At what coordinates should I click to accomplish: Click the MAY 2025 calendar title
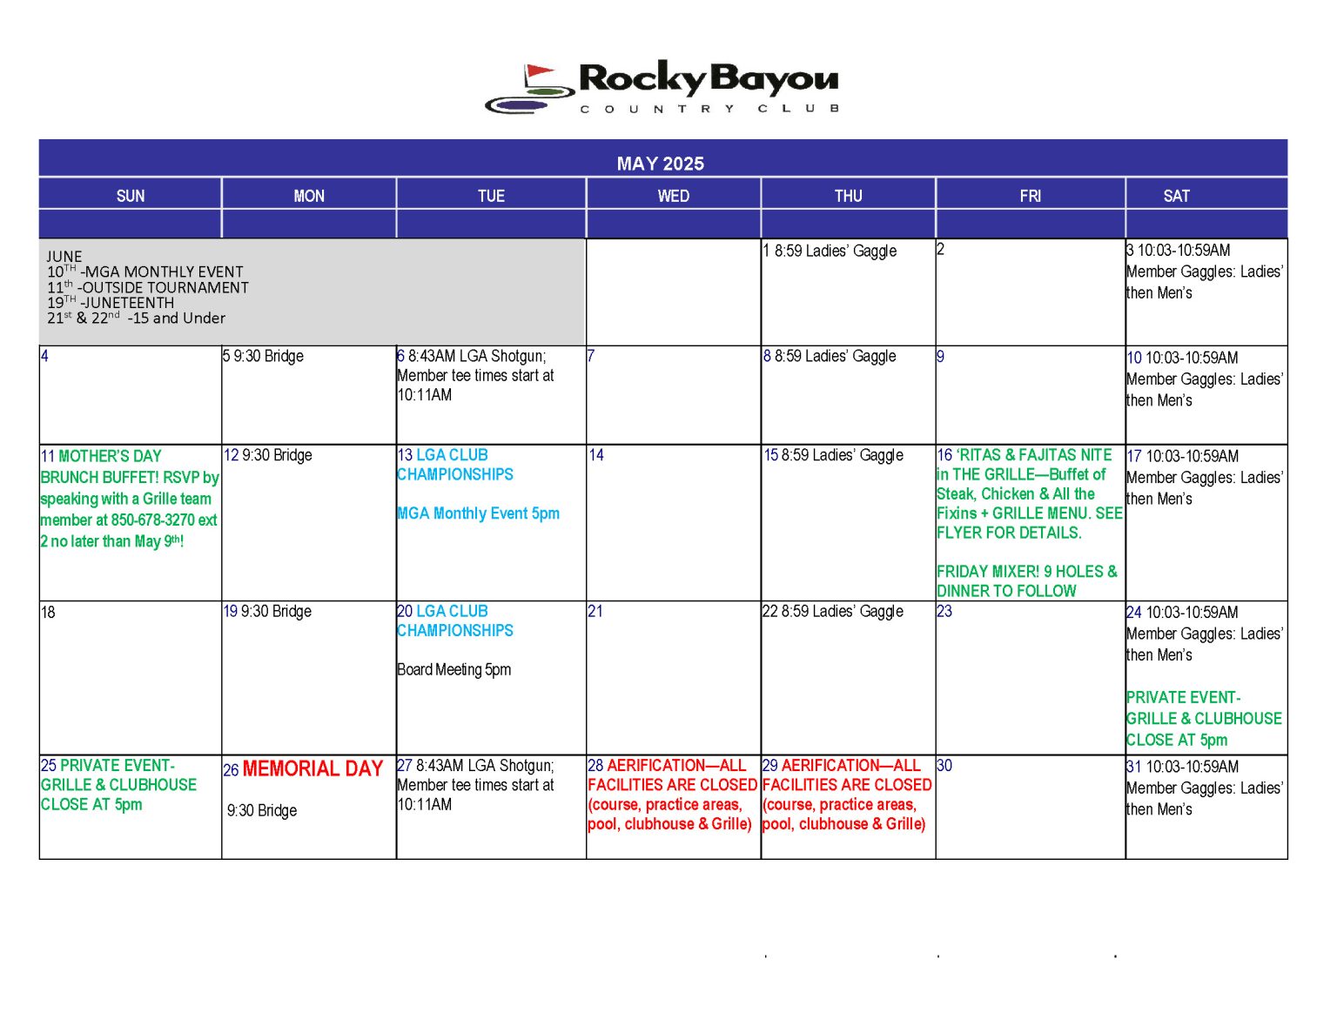click(x=660, y=164)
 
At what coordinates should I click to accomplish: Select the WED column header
click(x=673, y=196)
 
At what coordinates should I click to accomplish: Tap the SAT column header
click(x=1176, y=196)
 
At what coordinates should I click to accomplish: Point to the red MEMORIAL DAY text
click(x=312, y=768)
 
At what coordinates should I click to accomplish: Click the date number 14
click(x=596, y=455)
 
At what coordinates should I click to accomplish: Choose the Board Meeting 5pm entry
click(x=454, y=669)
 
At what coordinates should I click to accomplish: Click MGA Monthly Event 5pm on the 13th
click(x=479, y=513)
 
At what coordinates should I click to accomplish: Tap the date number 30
click(x=944, y=766)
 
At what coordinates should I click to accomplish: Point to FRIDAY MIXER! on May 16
click(x=988, y=572)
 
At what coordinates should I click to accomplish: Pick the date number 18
click(x=48, y=613)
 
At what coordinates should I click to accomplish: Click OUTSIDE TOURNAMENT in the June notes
click(x=165, y=287)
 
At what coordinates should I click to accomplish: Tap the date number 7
click(x=591, y=356)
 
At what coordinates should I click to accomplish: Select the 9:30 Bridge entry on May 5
click(x=268, y=356)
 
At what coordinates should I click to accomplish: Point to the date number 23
click(x=944, y=612)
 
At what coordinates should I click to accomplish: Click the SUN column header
click(x=131, y=196)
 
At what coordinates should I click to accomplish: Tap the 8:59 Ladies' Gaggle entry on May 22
click(x=842, y=612)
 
